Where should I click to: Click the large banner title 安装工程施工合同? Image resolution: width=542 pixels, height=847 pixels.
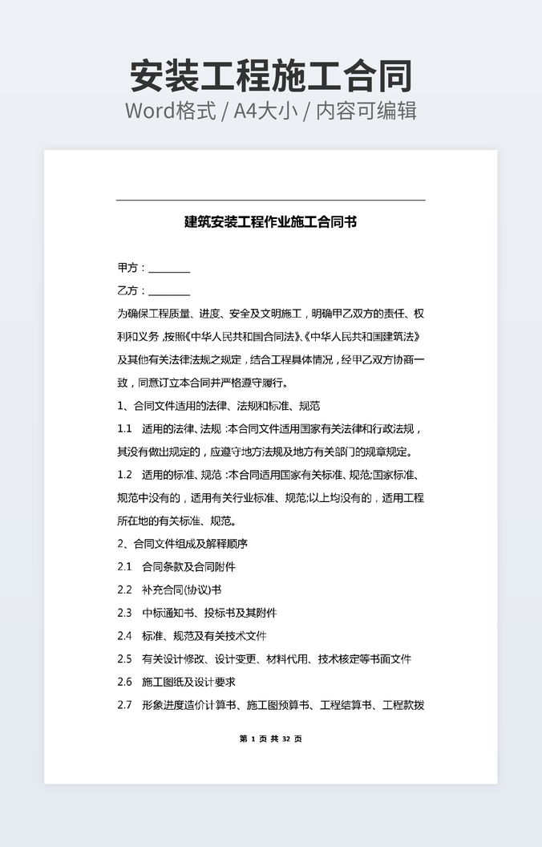271,75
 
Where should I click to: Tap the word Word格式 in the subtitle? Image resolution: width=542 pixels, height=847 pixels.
170,111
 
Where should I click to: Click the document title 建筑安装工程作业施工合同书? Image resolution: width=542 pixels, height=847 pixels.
270,222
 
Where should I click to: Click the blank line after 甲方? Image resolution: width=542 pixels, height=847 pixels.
169,269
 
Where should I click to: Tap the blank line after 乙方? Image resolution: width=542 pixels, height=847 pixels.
169,291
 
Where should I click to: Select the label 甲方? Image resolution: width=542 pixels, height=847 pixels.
128,268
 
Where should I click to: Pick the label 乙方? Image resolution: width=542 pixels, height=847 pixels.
128,291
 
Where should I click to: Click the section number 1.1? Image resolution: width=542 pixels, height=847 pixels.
124,429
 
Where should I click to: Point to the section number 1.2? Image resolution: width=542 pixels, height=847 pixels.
124,475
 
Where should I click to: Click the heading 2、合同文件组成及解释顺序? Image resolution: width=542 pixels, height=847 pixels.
182,544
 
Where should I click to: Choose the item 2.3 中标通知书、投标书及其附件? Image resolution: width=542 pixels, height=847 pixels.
196,614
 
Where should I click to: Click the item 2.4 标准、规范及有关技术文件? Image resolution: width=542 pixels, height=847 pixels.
192,636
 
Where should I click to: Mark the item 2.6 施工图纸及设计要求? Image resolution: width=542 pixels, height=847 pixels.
176,683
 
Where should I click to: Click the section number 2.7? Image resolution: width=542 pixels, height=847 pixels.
124,706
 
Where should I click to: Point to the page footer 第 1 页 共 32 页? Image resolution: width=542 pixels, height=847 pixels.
270,739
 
